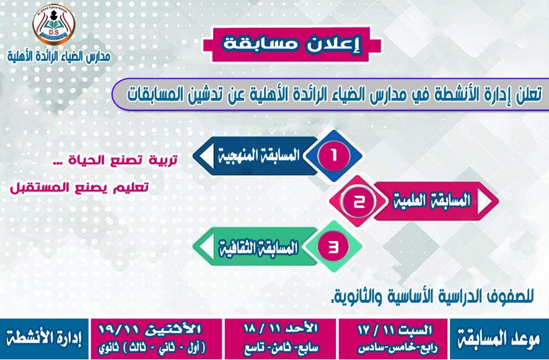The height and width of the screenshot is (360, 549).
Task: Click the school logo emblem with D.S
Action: coord(54,25)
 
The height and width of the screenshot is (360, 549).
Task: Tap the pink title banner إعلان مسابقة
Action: coord(292,45)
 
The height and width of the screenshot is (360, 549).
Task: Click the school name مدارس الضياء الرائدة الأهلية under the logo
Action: coord(59,56)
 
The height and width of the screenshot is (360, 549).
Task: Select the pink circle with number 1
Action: coord(333,156)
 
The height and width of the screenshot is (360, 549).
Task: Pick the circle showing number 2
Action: coord(359,201)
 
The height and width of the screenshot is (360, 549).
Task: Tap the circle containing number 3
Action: coord(333,247)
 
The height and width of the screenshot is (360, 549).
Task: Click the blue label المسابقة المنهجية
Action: coord(259,156)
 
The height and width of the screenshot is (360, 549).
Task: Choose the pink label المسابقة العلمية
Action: coord(431,201)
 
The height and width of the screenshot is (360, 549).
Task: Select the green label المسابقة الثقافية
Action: coord(259,247)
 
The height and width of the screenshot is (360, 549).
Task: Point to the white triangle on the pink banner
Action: coord(485,201)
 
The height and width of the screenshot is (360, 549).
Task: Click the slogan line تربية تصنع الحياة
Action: coord(118,160)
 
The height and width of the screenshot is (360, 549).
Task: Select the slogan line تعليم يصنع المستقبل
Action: coord(79,187)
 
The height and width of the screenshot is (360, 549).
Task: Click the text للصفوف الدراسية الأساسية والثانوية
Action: coord(433,296)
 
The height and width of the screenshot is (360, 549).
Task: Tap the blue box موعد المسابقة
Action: coord(499,339)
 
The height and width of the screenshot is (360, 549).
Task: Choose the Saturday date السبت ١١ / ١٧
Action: coord(395,330)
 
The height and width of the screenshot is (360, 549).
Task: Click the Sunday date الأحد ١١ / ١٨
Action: coord(281,328)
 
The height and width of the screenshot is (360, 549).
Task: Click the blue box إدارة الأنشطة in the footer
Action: coord(44,339)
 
